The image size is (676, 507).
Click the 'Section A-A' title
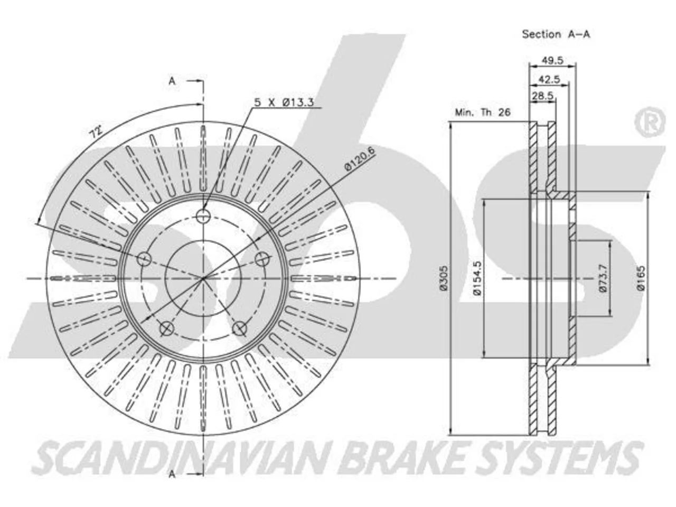[556, 34]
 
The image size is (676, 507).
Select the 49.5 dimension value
[552, 60]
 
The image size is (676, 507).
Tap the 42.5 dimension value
[549, 79]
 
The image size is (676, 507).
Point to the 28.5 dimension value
[542, 96]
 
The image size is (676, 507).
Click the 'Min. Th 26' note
[483, 112]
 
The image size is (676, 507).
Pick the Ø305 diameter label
[444, 278]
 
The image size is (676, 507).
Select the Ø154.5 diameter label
[477, 278]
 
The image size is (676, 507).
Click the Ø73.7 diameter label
[603, 278]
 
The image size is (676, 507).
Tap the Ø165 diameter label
[641, 278]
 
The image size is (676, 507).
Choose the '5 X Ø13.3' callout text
[284, 102]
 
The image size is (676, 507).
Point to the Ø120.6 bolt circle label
[360, 158]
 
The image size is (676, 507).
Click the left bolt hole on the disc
[144, 259]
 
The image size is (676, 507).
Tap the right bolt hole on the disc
[262, 259]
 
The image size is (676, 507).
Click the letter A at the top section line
[172, 81]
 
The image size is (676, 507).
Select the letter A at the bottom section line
[172, 474]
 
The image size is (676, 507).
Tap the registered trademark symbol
[650, 122]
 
